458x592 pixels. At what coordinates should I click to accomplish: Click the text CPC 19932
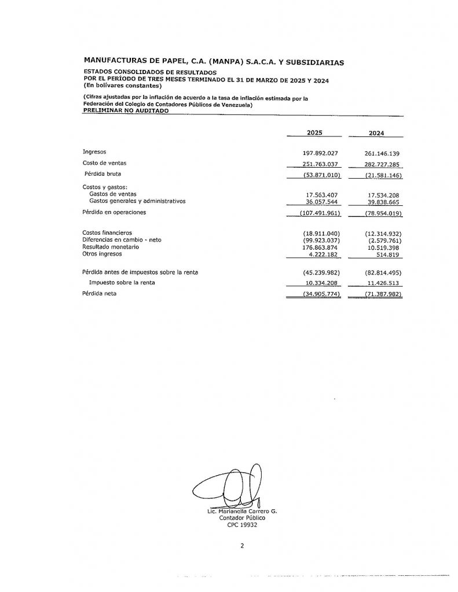point(241,526)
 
